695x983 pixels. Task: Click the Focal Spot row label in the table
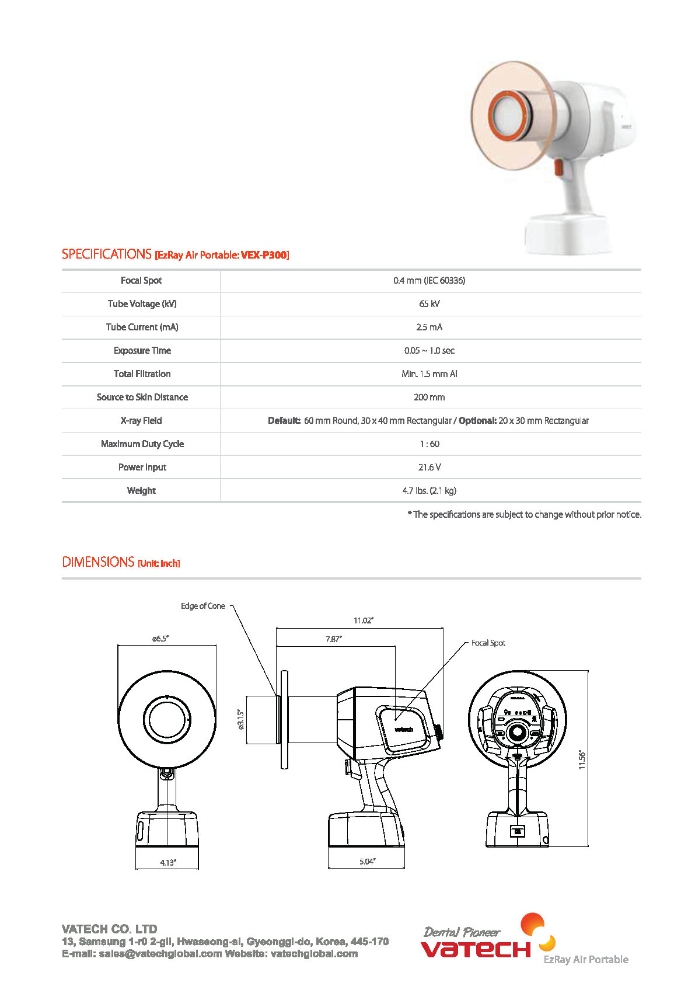(141, 281)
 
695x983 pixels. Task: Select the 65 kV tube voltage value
(429, 304)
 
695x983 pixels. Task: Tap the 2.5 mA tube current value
(429, 327)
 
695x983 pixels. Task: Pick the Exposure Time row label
(142, 351)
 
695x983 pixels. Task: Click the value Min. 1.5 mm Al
(429, 374)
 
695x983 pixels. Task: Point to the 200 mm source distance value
(429, 398)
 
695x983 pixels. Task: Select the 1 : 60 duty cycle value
(429, 444)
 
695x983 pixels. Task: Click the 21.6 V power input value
(429, 468)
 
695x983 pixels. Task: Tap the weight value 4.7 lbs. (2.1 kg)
(429, 491)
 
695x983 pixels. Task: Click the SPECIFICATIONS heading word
(107, 255)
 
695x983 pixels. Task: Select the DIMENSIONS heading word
(98, 562)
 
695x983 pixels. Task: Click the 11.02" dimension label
(364, 621)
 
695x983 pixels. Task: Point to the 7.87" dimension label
(334, 639)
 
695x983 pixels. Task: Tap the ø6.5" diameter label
(160, 639)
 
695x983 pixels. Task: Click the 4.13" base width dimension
(168, 863)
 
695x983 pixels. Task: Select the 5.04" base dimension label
(367, 862)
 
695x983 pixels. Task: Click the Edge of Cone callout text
(202, 606)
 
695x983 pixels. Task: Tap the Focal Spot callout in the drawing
(488, 643)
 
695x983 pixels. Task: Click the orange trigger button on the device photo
(558, 168)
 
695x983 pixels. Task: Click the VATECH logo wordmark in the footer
(476, 949)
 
